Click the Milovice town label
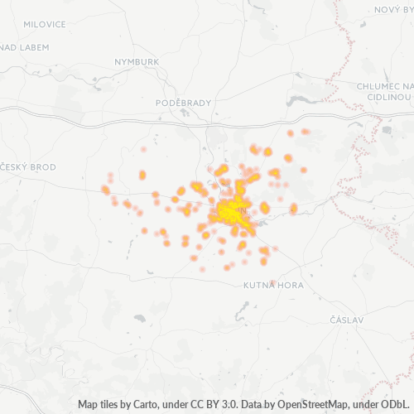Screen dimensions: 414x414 pos(45,25)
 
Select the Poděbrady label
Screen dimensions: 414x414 pos(179,103)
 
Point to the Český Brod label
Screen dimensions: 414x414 pos(30,167)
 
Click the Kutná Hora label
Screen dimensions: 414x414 pos(273,285)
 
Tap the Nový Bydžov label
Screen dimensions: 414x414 pos(392,9)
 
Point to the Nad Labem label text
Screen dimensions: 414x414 pos(22,47)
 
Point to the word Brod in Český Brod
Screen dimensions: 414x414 pos(43,167)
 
